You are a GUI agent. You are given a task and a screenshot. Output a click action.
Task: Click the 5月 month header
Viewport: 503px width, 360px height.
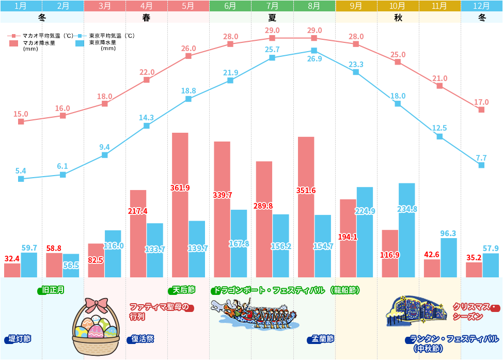188,6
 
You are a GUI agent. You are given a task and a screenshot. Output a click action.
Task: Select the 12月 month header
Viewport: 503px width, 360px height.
481,6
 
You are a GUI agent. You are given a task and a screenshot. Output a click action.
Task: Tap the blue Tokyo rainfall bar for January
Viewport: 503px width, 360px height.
29,265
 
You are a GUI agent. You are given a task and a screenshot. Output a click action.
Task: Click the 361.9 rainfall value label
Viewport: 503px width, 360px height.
180,188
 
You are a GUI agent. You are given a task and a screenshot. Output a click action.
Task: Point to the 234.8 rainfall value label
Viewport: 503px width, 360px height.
407,209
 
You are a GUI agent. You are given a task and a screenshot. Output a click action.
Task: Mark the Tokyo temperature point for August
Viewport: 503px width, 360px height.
314,51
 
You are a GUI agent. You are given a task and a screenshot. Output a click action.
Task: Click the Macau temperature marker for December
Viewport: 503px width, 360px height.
481,109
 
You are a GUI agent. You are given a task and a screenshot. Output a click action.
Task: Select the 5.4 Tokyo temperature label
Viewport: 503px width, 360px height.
21,170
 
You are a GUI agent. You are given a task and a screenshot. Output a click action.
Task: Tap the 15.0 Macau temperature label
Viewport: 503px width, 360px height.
21,114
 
